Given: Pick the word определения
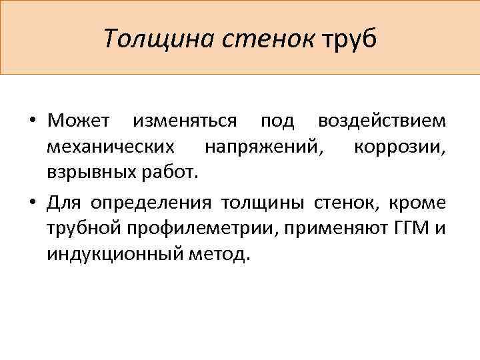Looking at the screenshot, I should (151, 203).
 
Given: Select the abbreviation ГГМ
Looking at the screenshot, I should (401, 229).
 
